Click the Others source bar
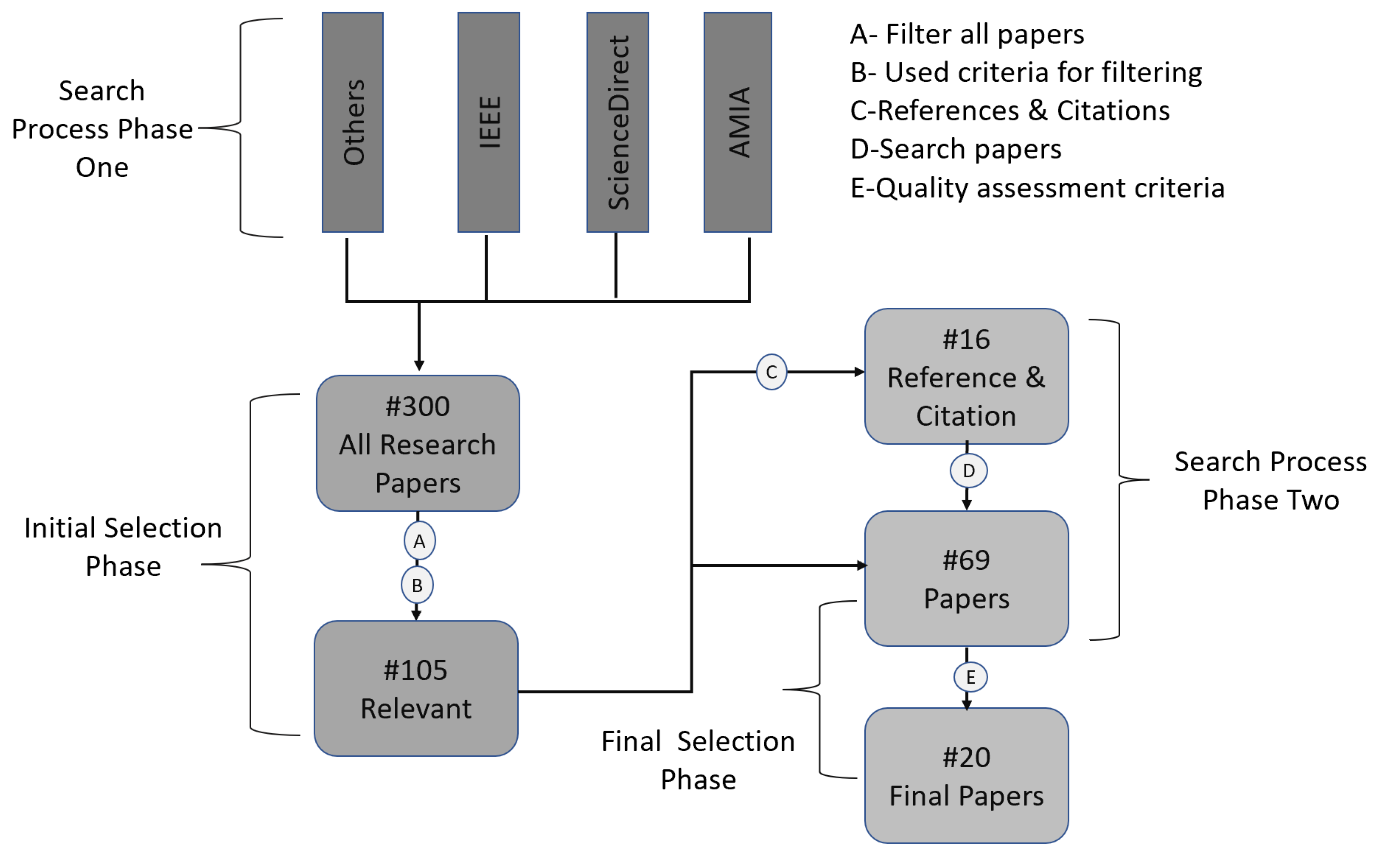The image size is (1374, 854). (x=353, y=122)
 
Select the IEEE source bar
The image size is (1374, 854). (x=489, y=122)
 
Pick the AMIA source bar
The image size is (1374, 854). (x=738, y=122)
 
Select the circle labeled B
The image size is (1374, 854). (x=417, y=585)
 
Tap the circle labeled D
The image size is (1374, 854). (x=968, y=470)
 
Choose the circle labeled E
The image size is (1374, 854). (x=970, y=677)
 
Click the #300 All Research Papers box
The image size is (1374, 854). (x=418, y=444)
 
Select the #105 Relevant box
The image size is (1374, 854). (x=416, y=689)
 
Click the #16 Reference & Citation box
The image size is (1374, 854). (x=966, y=377)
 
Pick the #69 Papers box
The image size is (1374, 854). (x=966, y=579)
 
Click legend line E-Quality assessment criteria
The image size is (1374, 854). (x=1037, y=188)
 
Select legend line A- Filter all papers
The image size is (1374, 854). (x=967, y=34)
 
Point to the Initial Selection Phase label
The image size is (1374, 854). (x=123, y=547)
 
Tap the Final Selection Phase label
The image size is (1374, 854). (x=698, y=760)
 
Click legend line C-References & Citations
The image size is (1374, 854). (x=1010, y=111)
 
